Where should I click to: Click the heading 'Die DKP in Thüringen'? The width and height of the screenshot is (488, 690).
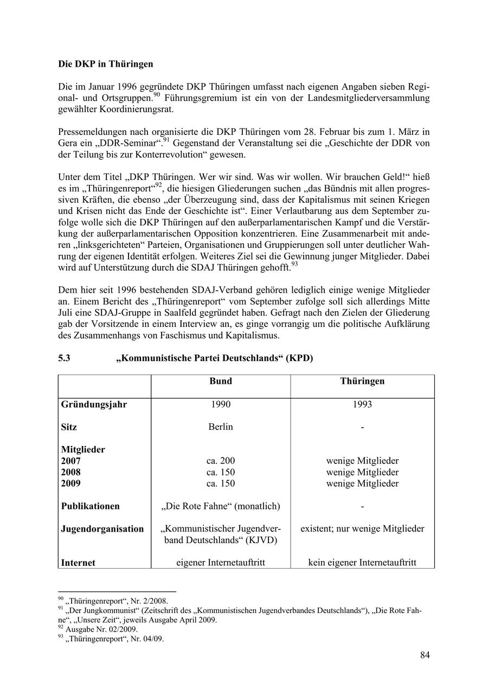(x=106, y=64)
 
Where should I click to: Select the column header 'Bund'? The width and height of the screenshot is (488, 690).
(x=220, y=381)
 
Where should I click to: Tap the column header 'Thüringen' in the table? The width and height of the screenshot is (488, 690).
(x=362, y=381)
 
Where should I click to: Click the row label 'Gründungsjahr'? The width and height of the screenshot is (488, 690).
(x=94, y=404)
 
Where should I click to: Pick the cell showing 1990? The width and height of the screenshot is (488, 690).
(x=220, y=404)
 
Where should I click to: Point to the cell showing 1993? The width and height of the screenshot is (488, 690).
(x=362, y=404)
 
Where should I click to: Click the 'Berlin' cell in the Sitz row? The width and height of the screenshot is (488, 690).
(x=220, y=427)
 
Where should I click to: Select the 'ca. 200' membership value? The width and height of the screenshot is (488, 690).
(x=220, y=461)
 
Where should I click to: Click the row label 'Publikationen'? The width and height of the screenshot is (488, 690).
(x=90, y=506)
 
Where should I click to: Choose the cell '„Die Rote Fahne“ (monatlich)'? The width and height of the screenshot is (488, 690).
(x=220, y=506)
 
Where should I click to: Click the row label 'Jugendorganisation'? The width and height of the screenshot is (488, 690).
(x=102, y=529)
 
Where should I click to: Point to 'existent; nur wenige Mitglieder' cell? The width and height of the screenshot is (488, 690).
(x=362, y=529)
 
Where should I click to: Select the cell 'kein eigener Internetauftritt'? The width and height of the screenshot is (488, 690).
(x=362, y=563)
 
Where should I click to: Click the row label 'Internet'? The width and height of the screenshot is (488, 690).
(x=78, y=563)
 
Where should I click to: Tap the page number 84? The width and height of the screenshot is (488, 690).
(x=425, y=655)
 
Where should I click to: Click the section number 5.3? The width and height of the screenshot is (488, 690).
(x=65, y=358)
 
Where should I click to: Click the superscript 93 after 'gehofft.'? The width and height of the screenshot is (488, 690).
(x=294, y=265)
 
